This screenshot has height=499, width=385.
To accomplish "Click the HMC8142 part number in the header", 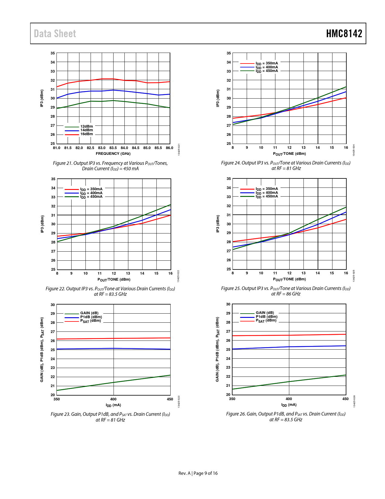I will [344, 34].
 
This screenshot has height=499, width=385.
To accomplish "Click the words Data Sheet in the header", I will [55, 34].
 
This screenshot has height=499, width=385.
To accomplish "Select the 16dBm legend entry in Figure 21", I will [86, 134].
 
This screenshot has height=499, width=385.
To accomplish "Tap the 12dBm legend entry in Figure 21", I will [86, 126].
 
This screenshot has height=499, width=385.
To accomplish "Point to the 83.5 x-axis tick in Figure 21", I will [113, 148].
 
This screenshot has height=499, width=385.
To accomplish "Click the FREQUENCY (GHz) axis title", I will [113, 154].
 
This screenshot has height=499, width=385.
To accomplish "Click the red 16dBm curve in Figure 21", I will [91, 80].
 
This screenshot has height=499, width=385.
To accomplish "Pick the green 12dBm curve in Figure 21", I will [91, 101].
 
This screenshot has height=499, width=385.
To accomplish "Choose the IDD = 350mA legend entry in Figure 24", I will [267, 63].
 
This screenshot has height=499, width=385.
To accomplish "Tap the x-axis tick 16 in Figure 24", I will [346, 148].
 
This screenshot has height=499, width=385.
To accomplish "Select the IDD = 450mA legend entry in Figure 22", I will [91, 197].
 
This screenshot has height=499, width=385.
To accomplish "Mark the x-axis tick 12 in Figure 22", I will [114, 273].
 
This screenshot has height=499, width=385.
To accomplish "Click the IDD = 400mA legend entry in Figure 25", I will [267, 193].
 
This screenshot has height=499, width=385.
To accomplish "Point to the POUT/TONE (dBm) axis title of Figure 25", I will [289, 279].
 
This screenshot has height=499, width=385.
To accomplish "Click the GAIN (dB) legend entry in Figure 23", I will [89, 313].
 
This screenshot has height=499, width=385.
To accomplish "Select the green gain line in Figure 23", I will [113, 383].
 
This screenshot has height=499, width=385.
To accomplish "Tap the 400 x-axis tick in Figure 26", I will [289, 399].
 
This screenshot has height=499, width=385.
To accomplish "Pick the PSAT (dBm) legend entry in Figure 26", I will [266, 321].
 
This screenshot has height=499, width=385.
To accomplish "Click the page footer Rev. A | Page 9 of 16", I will [198, 473].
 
